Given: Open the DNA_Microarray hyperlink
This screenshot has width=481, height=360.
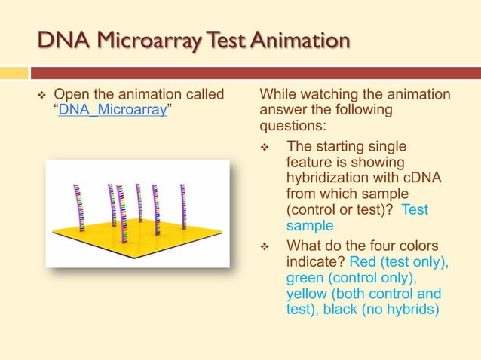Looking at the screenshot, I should coord(114,110).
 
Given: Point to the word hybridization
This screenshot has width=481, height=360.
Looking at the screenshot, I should coord(330,177).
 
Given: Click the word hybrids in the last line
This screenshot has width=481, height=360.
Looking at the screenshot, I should coord(414,309).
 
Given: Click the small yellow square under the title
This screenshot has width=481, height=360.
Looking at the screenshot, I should coord(13,73).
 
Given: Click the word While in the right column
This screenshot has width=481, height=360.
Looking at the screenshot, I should coord(278,94).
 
